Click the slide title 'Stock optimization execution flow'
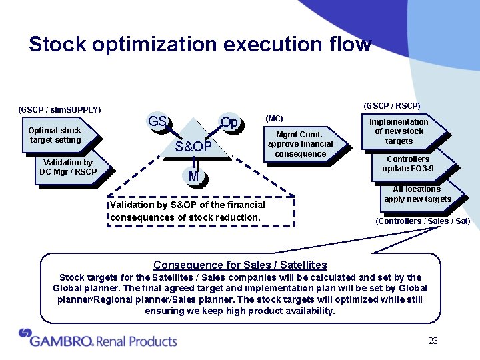point(200,45)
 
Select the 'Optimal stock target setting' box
point(55,135)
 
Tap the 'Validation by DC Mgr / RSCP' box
point(68,167)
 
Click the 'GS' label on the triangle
point(158,122)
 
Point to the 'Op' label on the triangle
point(229,123)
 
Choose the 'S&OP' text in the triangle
point(193,146)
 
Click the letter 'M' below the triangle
point(193,176)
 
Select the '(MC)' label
point(274,119)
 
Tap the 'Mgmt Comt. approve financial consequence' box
point(300,144)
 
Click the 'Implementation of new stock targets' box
point(399,131)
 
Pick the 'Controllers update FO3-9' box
point(408,164)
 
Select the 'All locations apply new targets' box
point(417,194)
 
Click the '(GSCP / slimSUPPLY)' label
point(60,109)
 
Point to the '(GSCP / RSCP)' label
point(391,105)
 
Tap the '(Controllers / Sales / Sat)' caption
point(423,221)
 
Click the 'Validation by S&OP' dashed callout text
point(187,211)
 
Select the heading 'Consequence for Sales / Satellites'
point(240,265)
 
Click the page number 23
point(433,341)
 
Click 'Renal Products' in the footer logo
point(137,341)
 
